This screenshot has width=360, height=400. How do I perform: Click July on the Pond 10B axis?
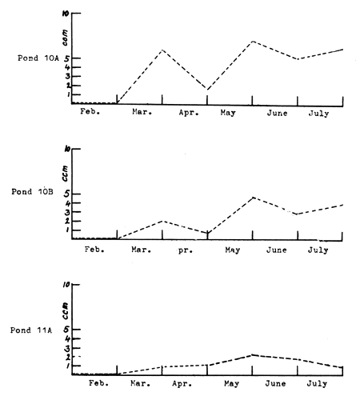[318, 250]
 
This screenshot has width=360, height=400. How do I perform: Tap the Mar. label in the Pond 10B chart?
[141, 250]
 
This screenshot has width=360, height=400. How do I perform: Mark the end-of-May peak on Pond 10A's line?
[252, 41]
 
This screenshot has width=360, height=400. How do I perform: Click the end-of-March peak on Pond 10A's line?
[162, 50]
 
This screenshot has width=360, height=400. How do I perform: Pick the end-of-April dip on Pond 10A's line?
[207, 90]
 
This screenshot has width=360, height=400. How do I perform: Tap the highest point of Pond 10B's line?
[253, 197]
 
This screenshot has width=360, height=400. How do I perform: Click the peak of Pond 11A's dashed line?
[253, 354]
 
